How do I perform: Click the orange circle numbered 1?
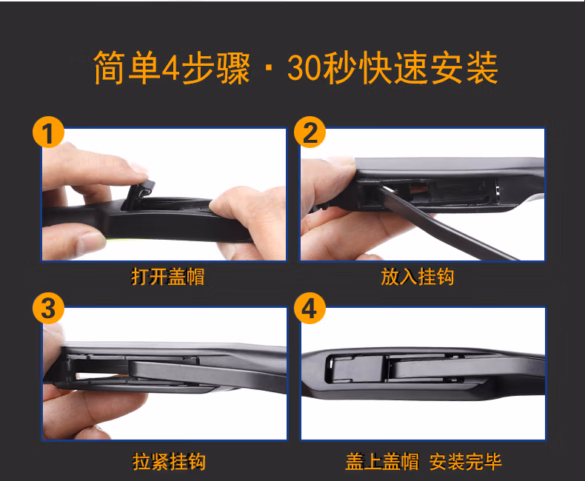[x=48, y=132]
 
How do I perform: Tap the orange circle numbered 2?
[x=310, y=132]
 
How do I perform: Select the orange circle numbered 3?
[x=48, y=309]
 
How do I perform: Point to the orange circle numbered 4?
[x=310, y=309]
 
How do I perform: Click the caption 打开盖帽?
[x=168, y=277]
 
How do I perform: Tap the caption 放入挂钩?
[x=418, y=277]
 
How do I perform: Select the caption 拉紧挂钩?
[x=169, y=462]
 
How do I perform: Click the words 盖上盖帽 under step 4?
[x=382, y=462]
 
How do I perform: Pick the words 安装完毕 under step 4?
[x=466, y=462]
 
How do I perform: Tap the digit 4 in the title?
[x=171, y=68]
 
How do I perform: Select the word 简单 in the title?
[x=127, y=68]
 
